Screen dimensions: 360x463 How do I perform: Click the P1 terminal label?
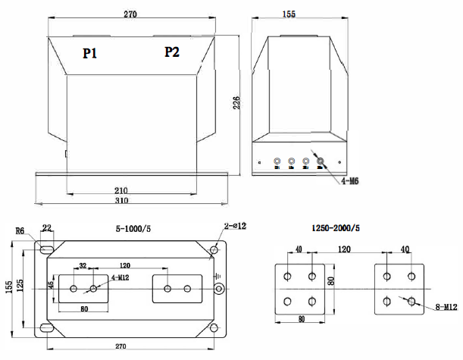pos(91,53)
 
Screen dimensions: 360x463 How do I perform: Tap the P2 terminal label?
pos(172,52)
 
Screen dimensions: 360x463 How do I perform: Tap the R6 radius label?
pos(20,231)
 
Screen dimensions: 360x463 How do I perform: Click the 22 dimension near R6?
pos(46,228)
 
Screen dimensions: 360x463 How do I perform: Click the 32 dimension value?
pos(83,266)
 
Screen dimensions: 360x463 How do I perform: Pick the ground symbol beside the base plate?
pos(219,277)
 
